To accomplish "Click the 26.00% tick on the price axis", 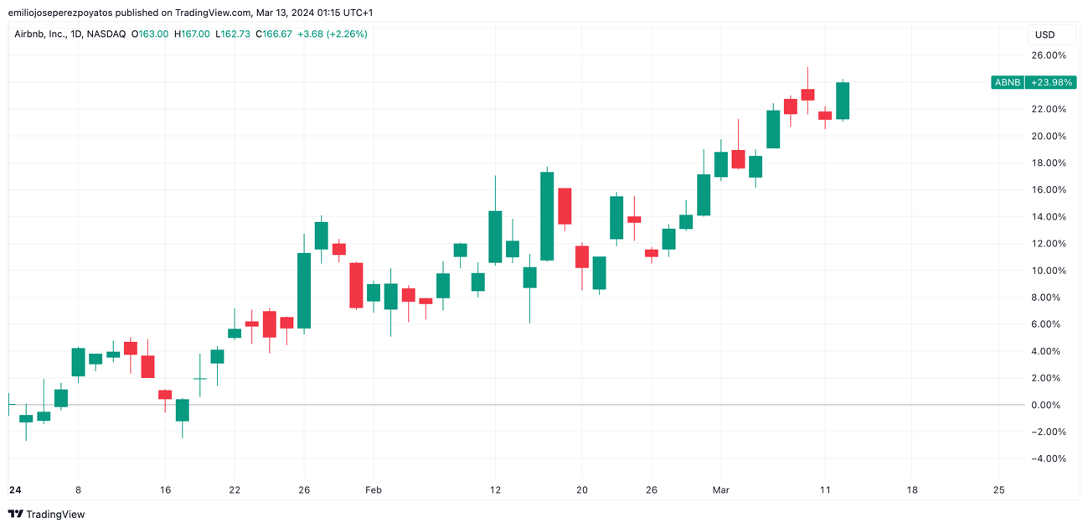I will [1048, 55].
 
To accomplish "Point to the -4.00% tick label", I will [1048, 458].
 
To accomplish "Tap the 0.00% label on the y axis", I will [1049, 405].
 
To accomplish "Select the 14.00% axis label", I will [1048, 217].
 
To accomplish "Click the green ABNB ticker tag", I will [1007, 82].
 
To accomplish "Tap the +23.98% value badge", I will [1051, 82].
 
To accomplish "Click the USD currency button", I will [1044, 34].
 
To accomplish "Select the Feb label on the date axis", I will [374, 490].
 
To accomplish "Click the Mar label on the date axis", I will [721, 490].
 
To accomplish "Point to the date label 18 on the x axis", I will [911, 490].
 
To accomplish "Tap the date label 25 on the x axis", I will [998, 490].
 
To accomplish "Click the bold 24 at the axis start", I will [14, 490].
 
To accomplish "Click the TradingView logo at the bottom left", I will [47, 514].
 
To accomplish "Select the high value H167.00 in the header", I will [192, 34].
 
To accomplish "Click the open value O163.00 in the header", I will [150, 34].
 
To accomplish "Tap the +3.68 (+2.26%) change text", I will [333, 34].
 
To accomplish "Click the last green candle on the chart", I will [842, 101].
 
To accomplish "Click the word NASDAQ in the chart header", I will [106, 34].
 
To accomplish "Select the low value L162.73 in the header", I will [233, 34].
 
